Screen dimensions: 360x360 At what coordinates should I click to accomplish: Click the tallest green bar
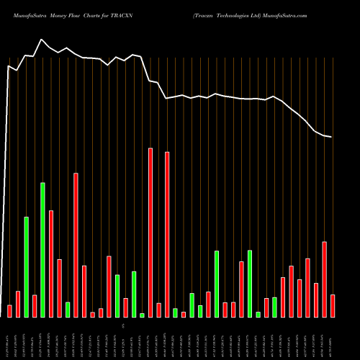coord(42,249)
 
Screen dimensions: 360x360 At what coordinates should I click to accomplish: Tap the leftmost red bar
coord(9,310)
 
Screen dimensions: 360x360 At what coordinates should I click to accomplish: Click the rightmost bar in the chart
coord(333,305)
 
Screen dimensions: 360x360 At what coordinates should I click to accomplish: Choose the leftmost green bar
coord(26,266)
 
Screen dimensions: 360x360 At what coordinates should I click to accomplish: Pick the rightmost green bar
coord(274,307)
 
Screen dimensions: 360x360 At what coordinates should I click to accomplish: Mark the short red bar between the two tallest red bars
coord(159,310)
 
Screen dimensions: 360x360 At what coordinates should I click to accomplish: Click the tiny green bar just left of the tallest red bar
coord(142,315)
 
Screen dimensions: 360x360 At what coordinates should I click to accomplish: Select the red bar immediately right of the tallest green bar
coord(51,264)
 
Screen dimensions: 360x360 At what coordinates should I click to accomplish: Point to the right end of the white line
coord(331,137)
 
